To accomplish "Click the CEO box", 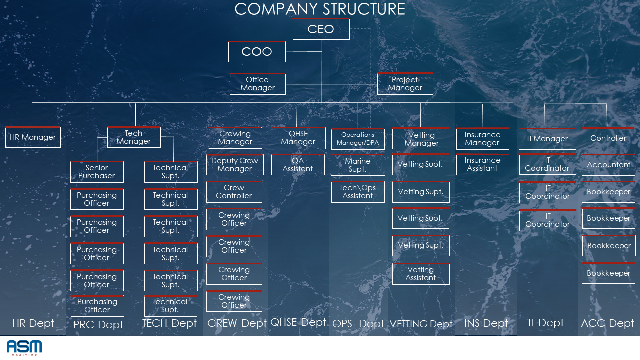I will (321, 29).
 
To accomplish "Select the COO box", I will (257, 52).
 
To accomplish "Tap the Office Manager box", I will (258, 84).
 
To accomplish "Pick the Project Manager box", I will (405, 84).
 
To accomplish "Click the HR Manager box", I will (33, 137).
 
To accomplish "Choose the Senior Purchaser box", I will (97, 172).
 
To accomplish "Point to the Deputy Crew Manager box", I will (235, 165).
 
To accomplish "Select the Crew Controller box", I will (234, 192).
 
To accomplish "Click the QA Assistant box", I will (298, 165).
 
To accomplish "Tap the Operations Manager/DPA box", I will (358, 139).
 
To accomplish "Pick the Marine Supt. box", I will (358, 165).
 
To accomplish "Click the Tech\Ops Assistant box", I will (358, 192).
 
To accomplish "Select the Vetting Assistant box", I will (421, 274).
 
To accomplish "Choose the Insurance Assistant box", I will (482, 164).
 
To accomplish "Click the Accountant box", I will (608, 165).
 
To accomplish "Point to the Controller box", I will (608, 138).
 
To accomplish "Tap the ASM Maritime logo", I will (24, 348).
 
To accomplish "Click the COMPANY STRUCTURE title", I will (320, 9).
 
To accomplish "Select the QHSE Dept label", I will (298, 322).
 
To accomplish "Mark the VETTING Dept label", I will (421, 324).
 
